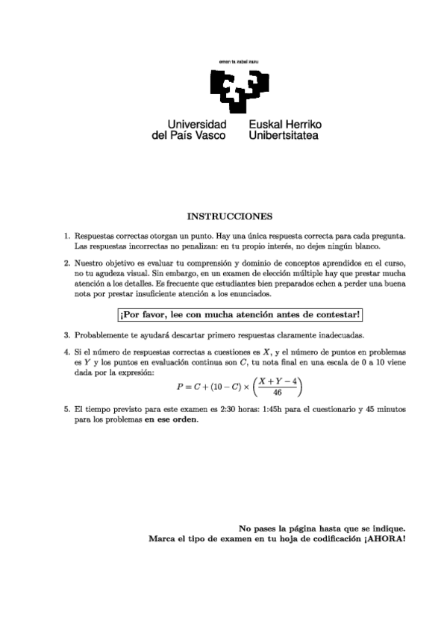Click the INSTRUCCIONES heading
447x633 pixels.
coord(229,216)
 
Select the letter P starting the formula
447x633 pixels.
coord(179,387)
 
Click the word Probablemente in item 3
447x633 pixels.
coord(101,335)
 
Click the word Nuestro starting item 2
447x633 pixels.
coord(90,262)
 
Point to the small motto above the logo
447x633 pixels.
coord(237,59)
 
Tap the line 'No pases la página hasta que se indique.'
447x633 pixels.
coord(322,527)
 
